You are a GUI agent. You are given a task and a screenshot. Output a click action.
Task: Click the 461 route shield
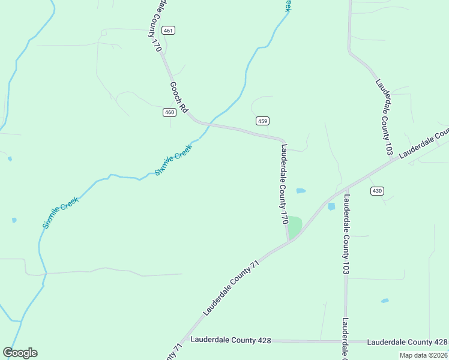click(169, 31)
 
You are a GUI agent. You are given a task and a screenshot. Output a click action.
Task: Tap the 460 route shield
click(169, 112)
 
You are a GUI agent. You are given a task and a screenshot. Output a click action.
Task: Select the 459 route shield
click(262, 121)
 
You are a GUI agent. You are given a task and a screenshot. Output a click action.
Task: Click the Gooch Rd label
click(179, 98)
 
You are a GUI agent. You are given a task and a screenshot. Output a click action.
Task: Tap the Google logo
click(20, 353)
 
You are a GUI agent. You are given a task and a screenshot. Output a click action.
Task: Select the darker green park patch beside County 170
click(294, 227)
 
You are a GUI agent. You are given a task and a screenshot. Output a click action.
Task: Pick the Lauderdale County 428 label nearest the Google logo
click(231, 340)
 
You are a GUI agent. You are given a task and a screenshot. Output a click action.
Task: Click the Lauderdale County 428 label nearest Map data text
click(407, 342)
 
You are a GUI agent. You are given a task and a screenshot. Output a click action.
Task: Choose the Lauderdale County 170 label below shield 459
click(284, 184)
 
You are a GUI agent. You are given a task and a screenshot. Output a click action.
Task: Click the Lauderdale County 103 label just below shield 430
click(346, 234)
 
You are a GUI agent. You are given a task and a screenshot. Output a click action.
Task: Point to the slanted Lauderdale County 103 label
click(384, 118)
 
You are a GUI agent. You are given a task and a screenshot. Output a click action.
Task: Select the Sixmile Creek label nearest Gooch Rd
click(173, 160)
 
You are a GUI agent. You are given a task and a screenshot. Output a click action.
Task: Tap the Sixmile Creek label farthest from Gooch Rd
click(61, 212)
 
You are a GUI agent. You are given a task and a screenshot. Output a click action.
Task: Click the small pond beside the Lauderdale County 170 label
click(301, 191)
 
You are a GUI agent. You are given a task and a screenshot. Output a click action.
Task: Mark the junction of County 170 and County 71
click(289, 241)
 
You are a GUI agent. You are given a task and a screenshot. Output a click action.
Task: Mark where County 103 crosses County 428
click(346, 341)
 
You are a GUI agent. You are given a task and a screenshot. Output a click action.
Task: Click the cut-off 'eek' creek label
click(288, 5)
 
